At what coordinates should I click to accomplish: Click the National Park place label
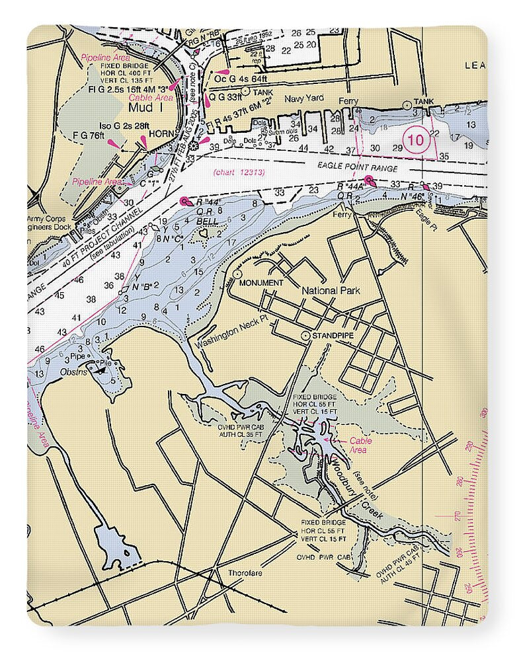(331, 291)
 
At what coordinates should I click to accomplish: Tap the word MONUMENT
(261, 283)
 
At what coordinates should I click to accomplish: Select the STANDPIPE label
(335, 336)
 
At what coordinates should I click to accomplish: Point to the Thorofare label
(245, 572)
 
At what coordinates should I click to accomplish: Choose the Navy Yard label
(304, 98)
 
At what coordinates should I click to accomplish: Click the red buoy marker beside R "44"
(184, 201)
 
